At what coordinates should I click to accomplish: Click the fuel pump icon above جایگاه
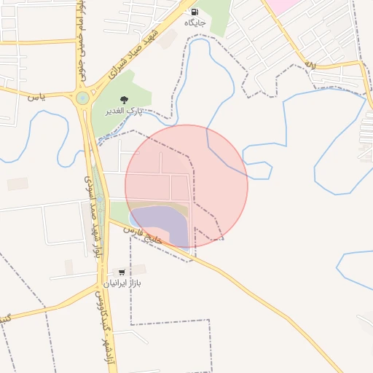[x=195, y=12]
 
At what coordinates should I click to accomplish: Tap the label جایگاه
[x=195, y=23]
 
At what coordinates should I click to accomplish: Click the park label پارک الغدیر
[x=125, y=111]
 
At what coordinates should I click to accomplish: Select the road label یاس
[x=36, y=96]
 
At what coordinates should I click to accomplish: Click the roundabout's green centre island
[x=82, y=98]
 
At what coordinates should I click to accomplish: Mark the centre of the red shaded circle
[x=186, y=186]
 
